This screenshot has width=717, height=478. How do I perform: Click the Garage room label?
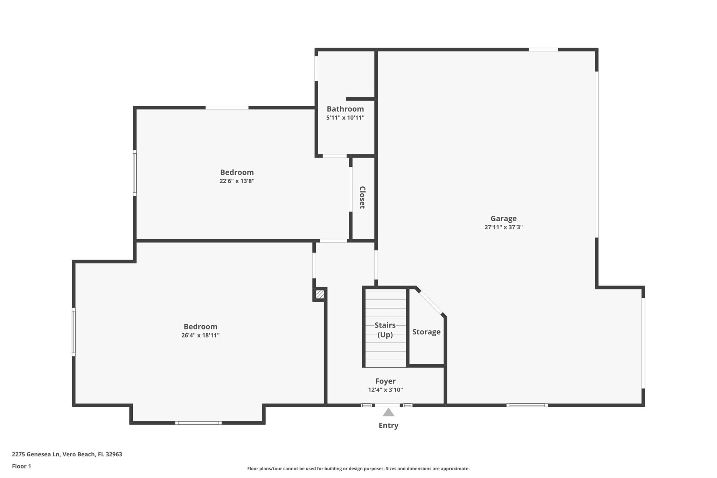point(503,219)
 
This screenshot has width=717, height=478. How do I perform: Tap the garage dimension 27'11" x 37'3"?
point(503,227)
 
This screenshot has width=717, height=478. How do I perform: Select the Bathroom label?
point(345,109)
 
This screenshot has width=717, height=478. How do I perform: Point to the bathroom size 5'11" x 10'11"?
point(345,118)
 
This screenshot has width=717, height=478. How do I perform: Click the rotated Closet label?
point(362,198)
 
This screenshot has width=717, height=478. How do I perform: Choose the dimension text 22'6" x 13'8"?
point(237,181)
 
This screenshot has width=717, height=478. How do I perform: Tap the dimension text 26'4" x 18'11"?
point(200,335)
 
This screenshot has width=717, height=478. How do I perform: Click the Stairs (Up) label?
point(385,330)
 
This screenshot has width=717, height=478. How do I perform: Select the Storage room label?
point(426,332)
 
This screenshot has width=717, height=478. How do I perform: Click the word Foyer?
point(385,381)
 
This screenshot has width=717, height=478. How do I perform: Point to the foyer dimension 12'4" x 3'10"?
point(385,390)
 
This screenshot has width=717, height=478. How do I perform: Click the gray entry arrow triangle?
point(388,413)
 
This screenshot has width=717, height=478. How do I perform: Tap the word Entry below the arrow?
point(388,425)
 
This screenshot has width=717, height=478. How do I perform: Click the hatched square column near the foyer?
point(320,295)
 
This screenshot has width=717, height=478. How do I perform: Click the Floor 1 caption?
point(21,466)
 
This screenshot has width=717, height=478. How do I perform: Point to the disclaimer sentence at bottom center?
point(358,469)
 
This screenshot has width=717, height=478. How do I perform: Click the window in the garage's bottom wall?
point(527,405)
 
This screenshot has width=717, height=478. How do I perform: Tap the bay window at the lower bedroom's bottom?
point(198,423)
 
